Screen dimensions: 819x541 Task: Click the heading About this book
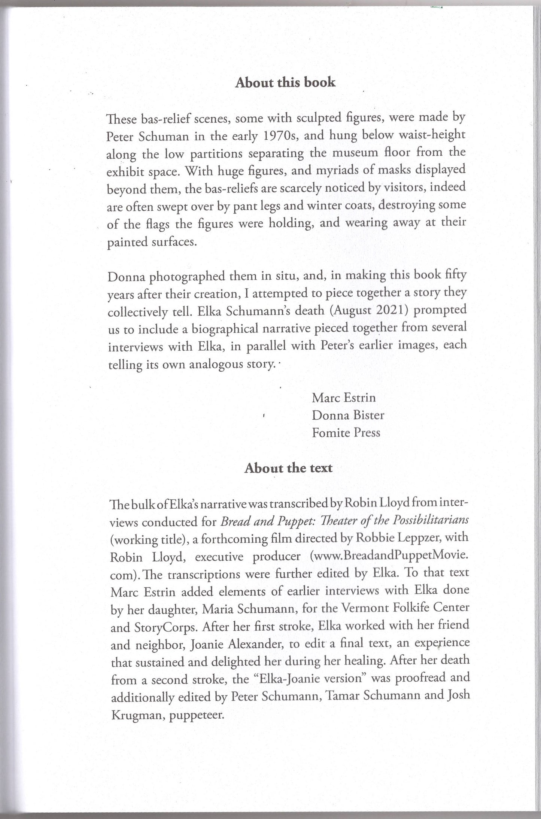click(x=285, y=83)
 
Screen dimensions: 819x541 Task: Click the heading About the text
click(x=288, y=468)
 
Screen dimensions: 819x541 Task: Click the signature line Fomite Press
click(x=346, y=433)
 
